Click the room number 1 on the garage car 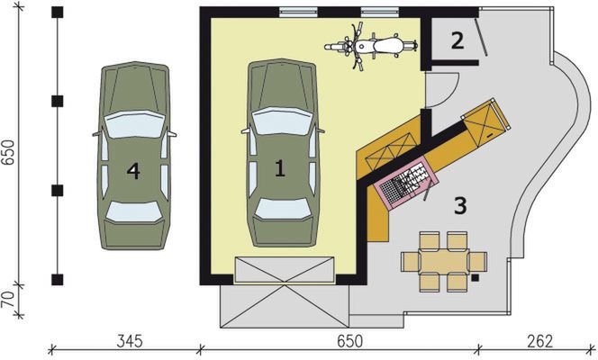coord(279,166)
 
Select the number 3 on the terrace coord(459,206)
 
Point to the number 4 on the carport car coord(133,170)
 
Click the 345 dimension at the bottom coord(131,341)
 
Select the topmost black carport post coord(59,12)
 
